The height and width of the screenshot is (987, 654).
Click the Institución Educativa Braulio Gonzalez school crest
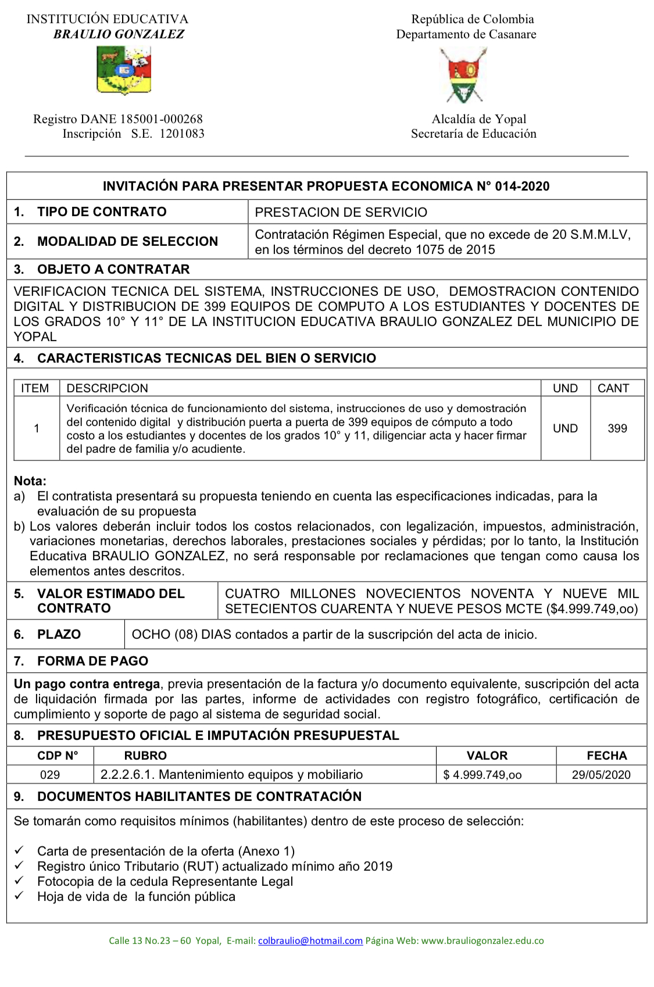tap(123, 71)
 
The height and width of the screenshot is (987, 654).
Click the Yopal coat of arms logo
tap(463, 75)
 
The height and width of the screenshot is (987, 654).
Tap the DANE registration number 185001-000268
tap(161, 119)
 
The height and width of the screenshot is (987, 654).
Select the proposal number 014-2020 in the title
tap(522, 187)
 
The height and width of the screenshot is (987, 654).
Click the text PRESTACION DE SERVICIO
tap(341, 212)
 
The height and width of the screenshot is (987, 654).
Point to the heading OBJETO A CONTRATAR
tap(113, 269)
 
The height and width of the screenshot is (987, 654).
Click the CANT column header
tap(613, 388)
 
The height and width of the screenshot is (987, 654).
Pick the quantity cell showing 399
tap(617, 428)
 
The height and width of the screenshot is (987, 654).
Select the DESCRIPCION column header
tap(107, 388)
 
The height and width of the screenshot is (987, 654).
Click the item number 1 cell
tap(37, 428)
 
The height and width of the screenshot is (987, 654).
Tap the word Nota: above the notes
tap(30, 481)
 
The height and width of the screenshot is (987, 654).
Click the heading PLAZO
tap(59, 634)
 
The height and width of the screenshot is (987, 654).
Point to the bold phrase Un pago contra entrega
tap(87, 684)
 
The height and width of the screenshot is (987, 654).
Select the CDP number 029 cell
tap(50, 775)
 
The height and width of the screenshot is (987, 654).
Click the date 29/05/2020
tap(601, 775)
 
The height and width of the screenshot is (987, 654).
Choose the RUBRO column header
tap(145, 756)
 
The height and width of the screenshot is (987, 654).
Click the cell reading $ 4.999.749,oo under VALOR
tap(483, 775)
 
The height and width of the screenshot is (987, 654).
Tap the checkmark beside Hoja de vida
tap(19, 896)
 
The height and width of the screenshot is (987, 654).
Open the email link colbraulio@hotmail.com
tap(310, 940)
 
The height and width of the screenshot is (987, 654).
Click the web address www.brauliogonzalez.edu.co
tap(483, 940)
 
